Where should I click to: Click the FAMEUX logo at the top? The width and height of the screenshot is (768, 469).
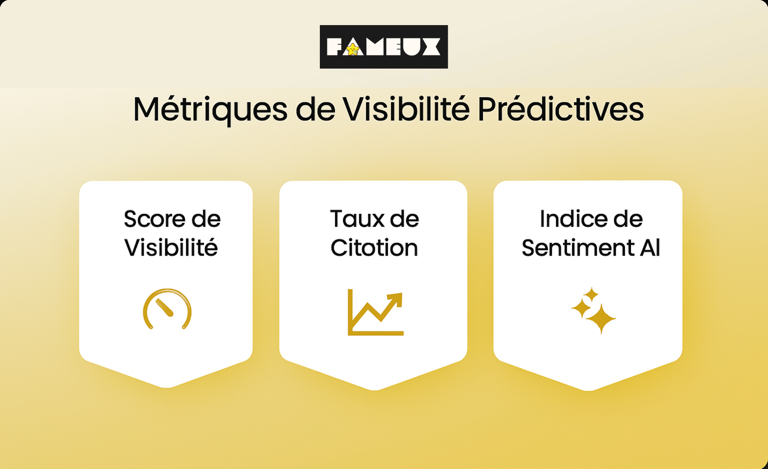pos(384,47)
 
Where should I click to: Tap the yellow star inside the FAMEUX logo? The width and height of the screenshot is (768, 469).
pos(352,49)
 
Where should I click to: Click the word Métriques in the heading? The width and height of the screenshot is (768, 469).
pos(210,110)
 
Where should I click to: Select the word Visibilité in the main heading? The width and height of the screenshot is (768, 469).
pos(406,109)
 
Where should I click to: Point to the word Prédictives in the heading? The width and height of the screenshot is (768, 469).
pos(560,109)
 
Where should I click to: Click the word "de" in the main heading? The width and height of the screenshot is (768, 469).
pos(315,110)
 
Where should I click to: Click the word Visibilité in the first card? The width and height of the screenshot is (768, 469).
pos(171,248)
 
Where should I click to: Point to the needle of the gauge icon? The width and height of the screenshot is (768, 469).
pos(164,307)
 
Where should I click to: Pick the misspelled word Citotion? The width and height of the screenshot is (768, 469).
pos(374,248)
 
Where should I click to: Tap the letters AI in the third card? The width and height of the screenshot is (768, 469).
pos(650,248)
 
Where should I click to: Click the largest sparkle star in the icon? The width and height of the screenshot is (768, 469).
pos(601,319)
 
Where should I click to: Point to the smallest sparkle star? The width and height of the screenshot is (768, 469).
pos(591,295)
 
